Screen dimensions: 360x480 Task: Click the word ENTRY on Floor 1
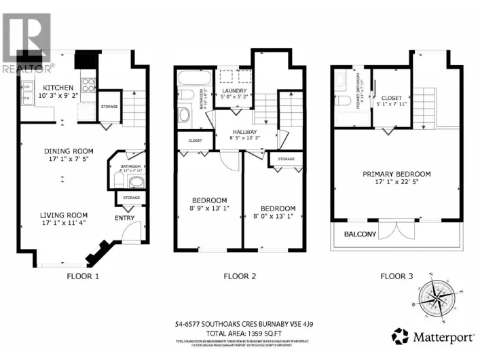(x=124, y=218)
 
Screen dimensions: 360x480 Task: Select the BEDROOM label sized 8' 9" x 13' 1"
(x=208, y=200)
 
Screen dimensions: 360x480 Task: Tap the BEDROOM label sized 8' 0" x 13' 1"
(x=277, y=209)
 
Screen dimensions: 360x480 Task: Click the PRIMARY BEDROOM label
(x=396, y=175)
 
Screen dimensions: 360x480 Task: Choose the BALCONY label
(x=360, y=234)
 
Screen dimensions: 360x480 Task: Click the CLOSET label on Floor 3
(x=390, y=98)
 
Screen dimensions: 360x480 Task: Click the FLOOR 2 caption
(x=240, y=276)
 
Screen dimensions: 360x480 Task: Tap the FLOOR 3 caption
(x=396, y=276)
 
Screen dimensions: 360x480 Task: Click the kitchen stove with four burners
(x=88, y=86)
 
